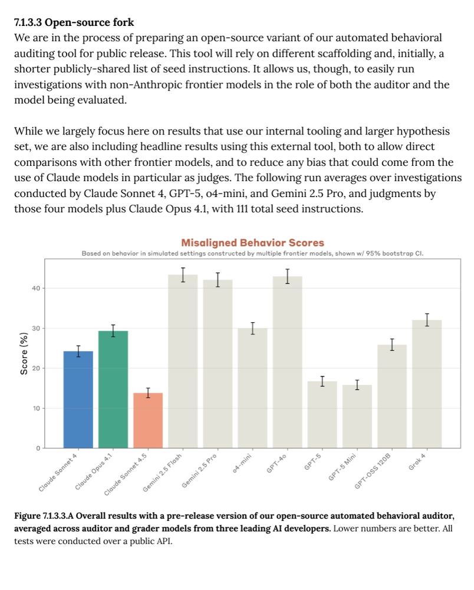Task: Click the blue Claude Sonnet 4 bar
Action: [78, 399]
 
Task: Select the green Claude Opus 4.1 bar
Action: [113, 389]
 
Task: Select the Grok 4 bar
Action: [427, 383]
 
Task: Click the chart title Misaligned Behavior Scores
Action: [252, 242]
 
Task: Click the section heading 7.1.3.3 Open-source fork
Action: [74, 22]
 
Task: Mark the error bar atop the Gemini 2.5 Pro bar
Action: [218, 280]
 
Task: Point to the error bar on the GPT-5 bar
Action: [322, 381]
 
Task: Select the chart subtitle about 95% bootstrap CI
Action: [252, 254]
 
